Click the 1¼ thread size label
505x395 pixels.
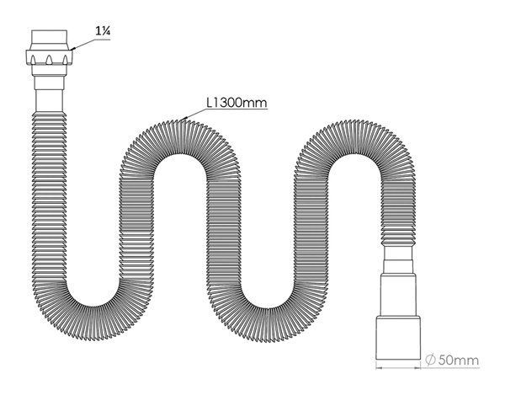(x=103, y=31)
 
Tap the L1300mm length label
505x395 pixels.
(x=237, y=103)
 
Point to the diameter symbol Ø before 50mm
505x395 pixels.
(x=430, y=360)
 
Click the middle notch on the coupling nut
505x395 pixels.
(x=49, y=60)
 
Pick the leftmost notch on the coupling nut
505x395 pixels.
(x=33, y=60)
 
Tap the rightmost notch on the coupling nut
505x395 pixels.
(x=65, y=60)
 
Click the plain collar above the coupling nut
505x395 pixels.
(x=50, y=40)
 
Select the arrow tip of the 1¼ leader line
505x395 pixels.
(x=72, y=50)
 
